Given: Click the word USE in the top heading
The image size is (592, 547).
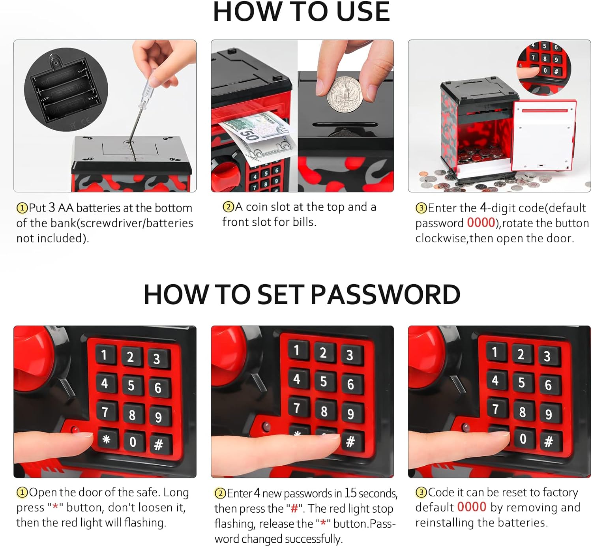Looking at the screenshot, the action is pos(363,12).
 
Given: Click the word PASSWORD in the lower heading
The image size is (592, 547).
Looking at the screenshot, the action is pos(385,294).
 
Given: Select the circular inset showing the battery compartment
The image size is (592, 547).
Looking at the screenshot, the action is pos(66,90).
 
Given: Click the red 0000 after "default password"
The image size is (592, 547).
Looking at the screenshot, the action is pos(481,223).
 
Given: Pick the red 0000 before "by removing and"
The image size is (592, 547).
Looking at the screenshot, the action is pos(472,507).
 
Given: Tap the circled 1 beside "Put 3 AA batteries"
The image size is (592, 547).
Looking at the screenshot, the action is pos(22,208).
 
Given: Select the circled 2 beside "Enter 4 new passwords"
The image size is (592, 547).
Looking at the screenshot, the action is pos(220,494).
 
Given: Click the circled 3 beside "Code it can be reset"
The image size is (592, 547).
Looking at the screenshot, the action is pos(421,492).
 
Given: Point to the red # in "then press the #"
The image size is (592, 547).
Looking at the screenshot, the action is pos(294,508).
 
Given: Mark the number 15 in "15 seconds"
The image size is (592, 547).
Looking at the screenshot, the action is pos(350,493).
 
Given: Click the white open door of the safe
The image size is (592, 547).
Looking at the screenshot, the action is pos(544,135).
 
